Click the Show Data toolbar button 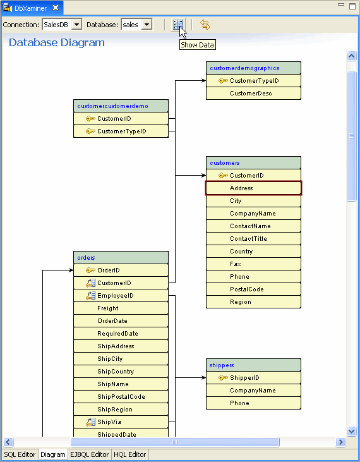pos(178,25)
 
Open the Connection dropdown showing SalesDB pos(62,25)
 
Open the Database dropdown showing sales pos(136,25)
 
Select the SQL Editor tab pos(20,454)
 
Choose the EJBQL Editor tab pos(90,454)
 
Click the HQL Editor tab pos(130,454)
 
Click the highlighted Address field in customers pos(253,188)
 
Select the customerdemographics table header pos(253,68)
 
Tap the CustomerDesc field pos(253,94)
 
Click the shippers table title pos(253,365)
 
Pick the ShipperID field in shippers pos(253,378)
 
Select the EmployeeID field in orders pos(121,296)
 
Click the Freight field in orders pos(121,308)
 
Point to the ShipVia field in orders pos(121,422)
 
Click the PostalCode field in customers pos(253,289)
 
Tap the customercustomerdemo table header pos(121,106)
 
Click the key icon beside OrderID pos(90,271)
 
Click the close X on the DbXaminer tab pos(56,8)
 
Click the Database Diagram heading pos(57,43)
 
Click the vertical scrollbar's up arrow pos(352,56)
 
